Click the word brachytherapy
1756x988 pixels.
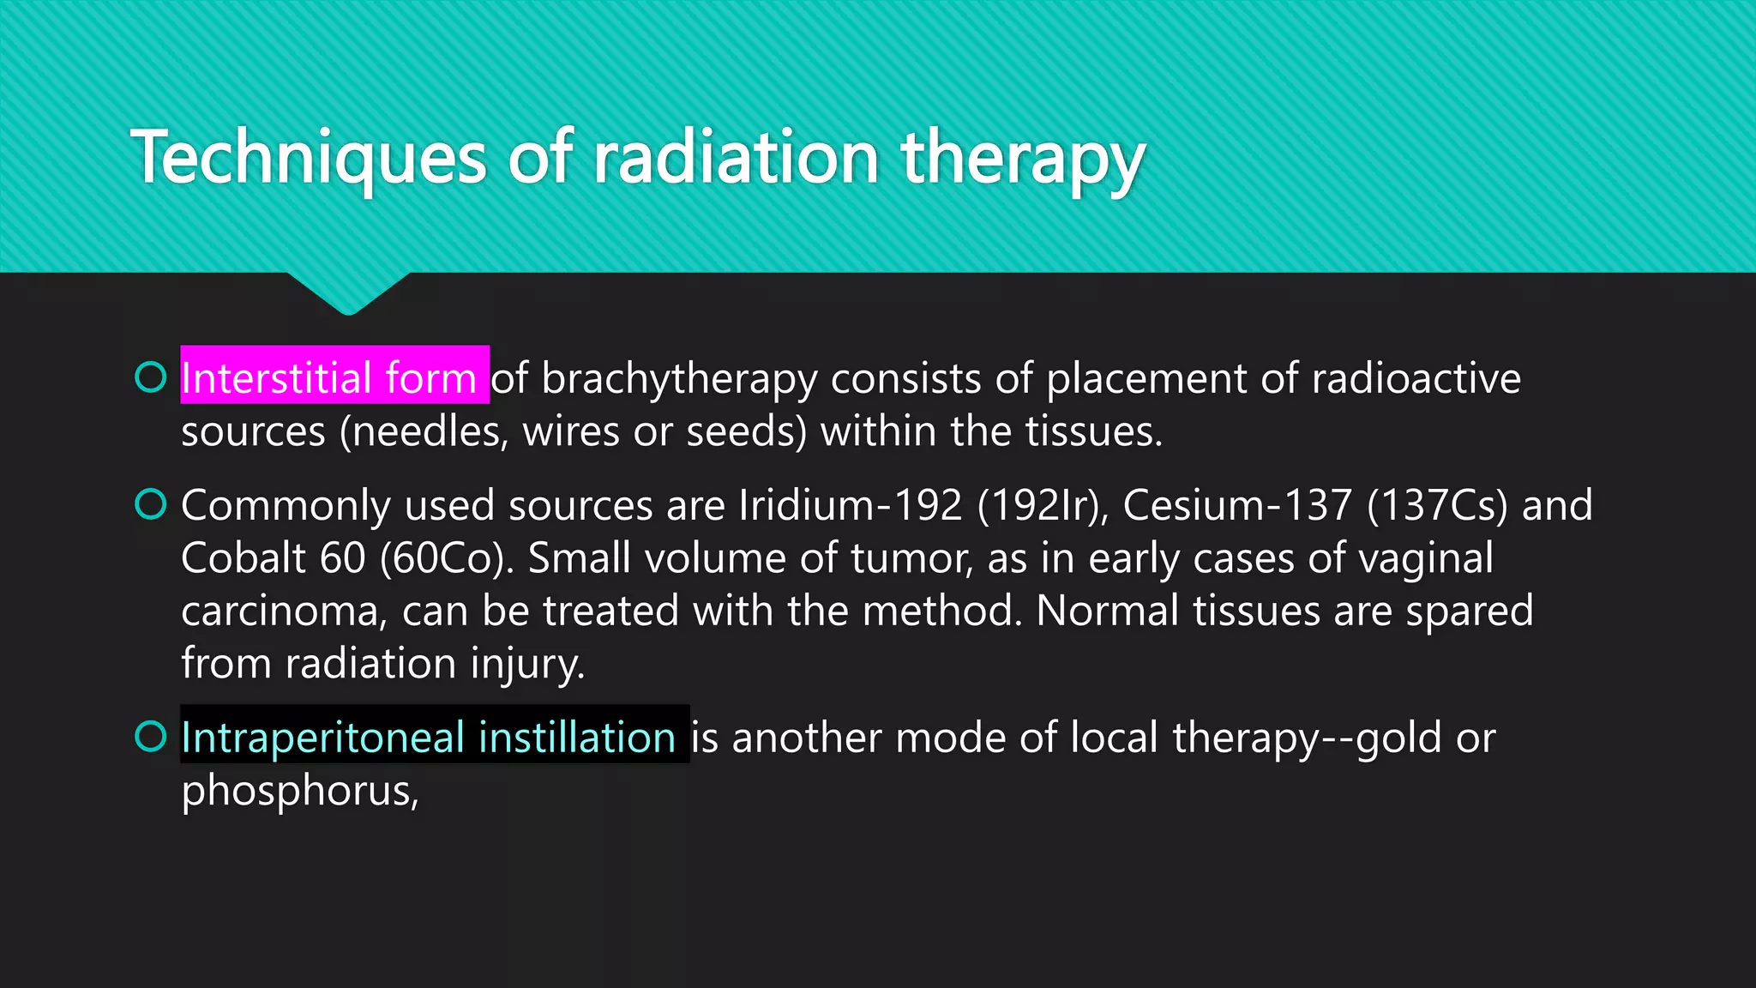(x=679, y=379)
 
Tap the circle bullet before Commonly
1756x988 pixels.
(x=151, y=504)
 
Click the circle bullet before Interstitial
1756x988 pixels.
(x=151, y=377)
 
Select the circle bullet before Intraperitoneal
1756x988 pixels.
(x=151, y=736)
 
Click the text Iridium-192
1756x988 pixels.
(x=850, y=505)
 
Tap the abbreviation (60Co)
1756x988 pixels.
(x=447, y=558)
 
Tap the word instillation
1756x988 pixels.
(x=576, y=738)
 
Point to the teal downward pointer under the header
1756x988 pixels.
(x=348, y=293)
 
